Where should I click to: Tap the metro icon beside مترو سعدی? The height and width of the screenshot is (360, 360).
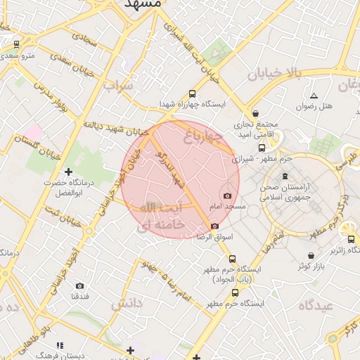pyautogui.click(x=16, y=45)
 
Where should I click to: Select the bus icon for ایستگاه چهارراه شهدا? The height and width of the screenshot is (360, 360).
pyautogui.click(x=193, y=94)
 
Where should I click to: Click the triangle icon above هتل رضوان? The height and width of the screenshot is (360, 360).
pyautogui.click(x=314, y=95)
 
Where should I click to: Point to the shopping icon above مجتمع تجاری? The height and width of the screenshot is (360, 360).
pyautogui.click(x=255, y=113)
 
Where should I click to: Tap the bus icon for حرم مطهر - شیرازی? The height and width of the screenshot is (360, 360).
pyautogui.click(x=262, y=148)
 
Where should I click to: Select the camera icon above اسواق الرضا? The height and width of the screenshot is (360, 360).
pyautogui.click(x=214, y=226)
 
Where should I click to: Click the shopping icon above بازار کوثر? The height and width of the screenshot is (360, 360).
pyautogui.click(x=311, y=255)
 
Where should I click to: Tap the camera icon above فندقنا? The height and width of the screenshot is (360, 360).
pyautogui.click(x=79, y=285)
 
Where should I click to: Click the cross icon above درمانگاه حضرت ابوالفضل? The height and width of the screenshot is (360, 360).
pyautogui.click(x=68, y=172)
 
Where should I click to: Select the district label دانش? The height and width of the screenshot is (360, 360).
pyautogui.click(x=127, y=303)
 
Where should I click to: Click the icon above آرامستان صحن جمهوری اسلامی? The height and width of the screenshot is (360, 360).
pyautogui.click(x=284, y=175)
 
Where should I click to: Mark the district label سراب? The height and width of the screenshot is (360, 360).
pyautogui.click(x=118, y=86)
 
